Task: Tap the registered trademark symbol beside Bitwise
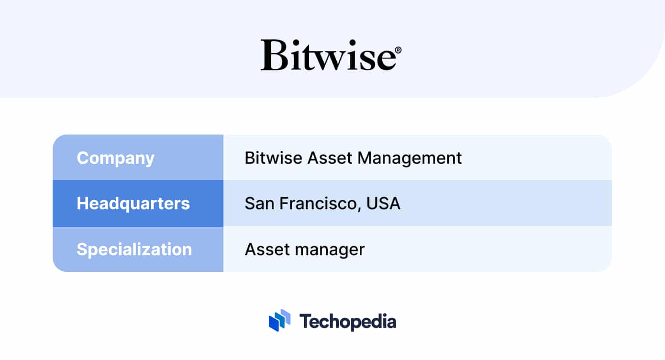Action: (399, 50)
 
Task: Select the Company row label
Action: (115, 158)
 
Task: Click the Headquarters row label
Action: (133, 203)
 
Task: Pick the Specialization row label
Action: (134, 249)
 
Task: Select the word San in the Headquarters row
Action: (259, 204)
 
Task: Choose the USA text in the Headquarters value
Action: (383, 204)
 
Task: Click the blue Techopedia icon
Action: (280, 320)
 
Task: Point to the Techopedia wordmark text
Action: (348, 321)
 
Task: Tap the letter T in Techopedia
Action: (305, 321)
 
